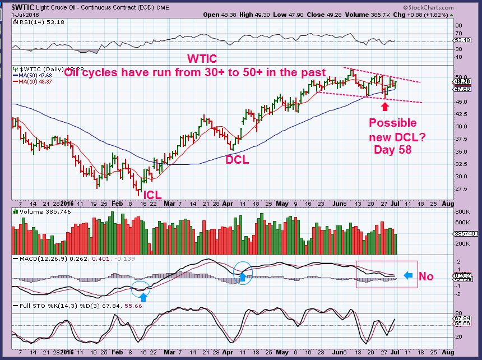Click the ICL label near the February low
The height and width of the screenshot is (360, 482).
click(153, 195)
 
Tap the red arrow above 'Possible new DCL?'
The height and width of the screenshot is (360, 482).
click(384, 105)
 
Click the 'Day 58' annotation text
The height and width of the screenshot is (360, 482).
click(392, 150)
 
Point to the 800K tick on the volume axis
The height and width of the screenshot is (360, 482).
click(461, 213)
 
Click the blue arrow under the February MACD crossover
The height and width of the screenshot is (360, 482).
click(144, 293)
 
